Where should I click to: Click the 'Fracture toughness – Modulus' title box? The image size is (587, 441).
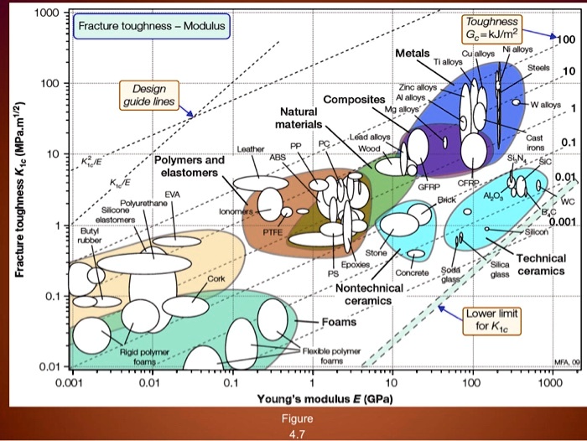[x=151, y=27]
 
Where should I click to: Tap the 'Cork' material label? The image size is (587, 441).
[x=216, y=278]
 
